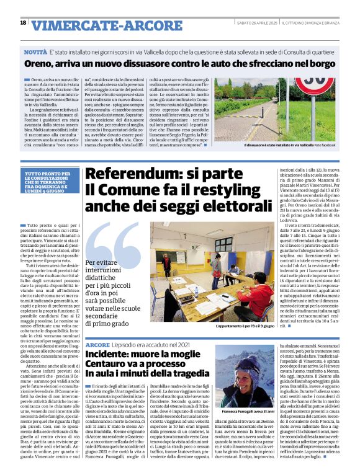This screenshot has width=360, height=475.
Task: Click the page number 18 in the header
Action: (x=23, y=23)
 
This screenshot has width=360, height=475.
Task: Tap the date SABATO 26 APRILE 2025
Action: (x=256, y=23)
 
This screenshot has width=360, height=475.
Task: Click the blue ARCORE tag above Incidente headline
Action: (x=97, y=344)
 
